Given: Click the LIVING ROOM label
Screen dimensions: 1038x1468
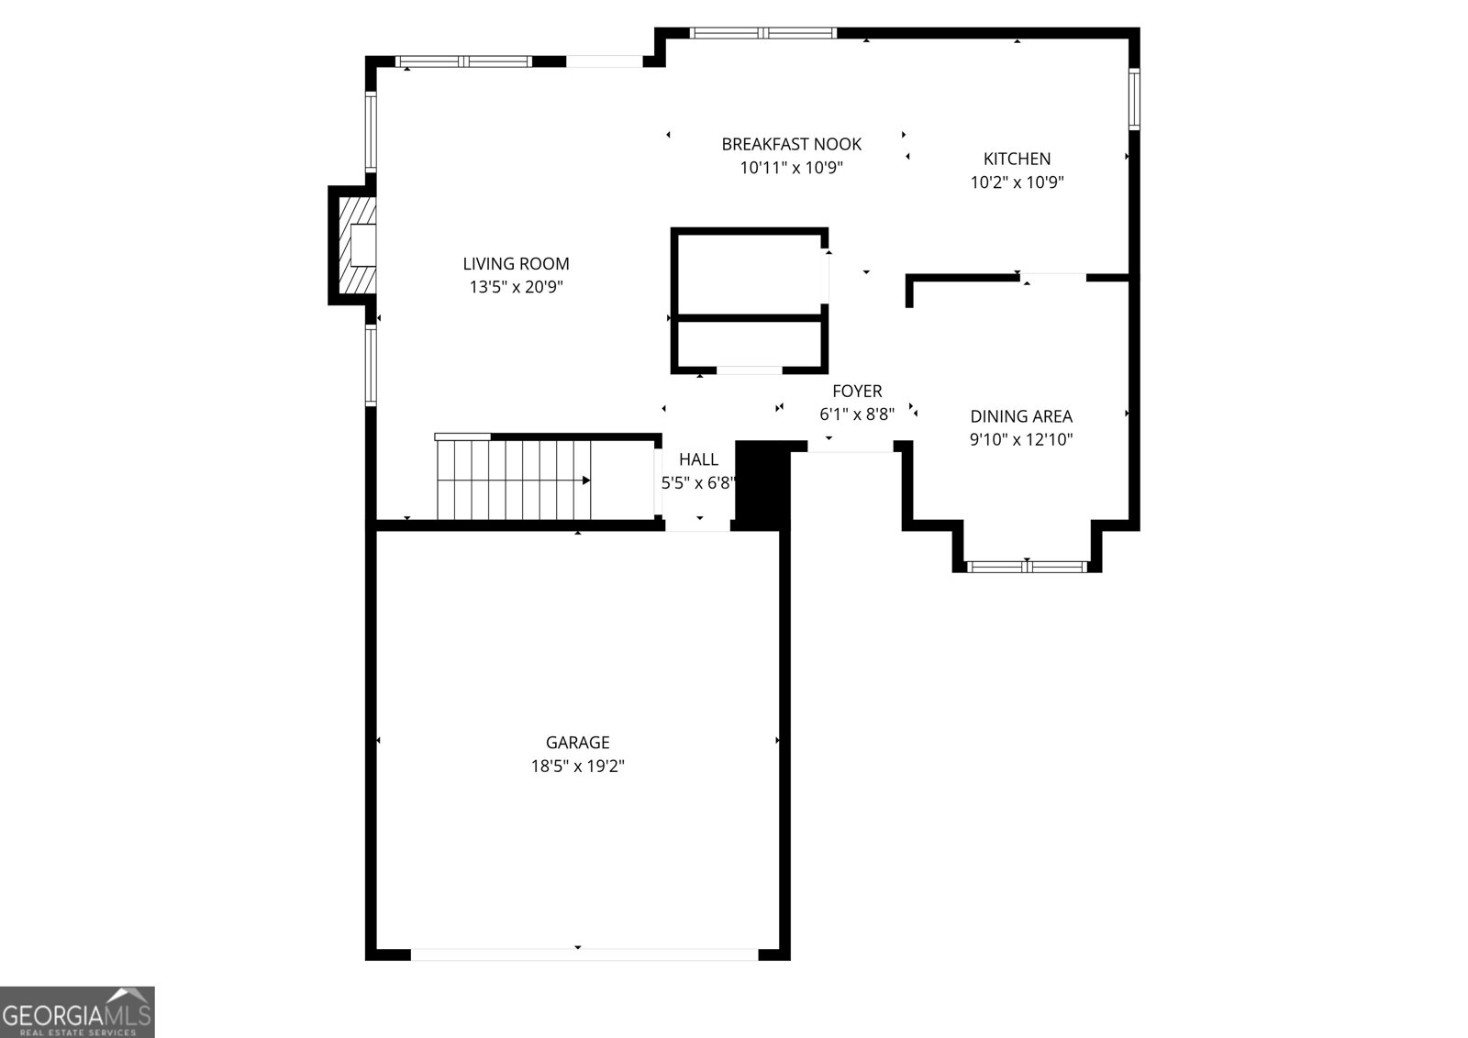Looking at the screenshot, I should click(516, 264).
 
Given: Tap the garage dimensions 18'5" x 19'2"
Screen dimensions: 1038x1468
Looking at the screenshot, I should click(577, 767).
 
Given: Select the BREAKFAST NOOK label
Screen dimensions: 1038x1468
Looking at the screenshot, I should click(791, 144).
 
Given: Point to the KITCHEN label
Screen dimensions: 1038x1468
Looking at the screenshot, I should click(1017, 159).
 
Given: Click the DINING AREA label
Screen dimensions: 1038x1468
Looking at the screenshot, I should click(1021, 416).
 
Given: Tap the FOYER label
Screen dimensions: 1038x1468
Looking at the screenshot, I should click(857, 392).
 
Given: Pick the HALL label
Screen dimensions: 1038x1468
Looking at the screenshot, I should click(698, 459).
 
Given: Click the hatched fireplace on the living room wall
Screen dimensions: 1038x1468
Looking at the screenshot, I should click(356, 246).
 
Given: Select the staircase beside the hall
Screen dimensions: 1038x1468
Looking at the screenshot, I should click(514, 480).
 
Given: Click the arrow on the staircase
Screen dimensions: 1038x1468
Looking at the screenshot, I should click(585, 480).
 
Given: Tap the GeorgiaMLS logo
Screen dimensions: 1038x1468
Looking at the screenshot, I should click(77, 1012).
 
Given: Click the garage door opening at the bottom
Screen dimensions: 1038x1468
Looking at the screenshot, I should click(584, 955).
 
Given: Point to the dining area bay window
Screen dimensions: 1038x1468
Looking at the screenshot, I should click(1027, 567).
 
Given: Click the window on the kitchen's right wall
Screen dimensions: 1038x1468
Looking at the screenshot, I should click(1134, 99).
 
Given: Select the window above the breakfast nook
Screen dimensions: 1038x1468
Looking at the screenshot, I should click(762, 33).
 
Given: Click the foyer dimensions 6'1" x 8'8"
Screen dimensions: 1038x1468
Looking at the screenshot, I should click(857, 414).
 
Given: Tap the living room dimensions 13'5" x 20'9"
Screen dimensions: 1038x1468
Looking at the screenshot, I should click(516, 287).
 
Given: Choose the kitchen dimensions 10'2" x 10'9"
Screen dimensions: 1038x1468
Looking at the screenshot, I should click(1017, 182).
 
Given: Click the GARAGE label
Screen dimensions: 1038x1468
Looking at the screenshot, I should click(577, 743).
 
